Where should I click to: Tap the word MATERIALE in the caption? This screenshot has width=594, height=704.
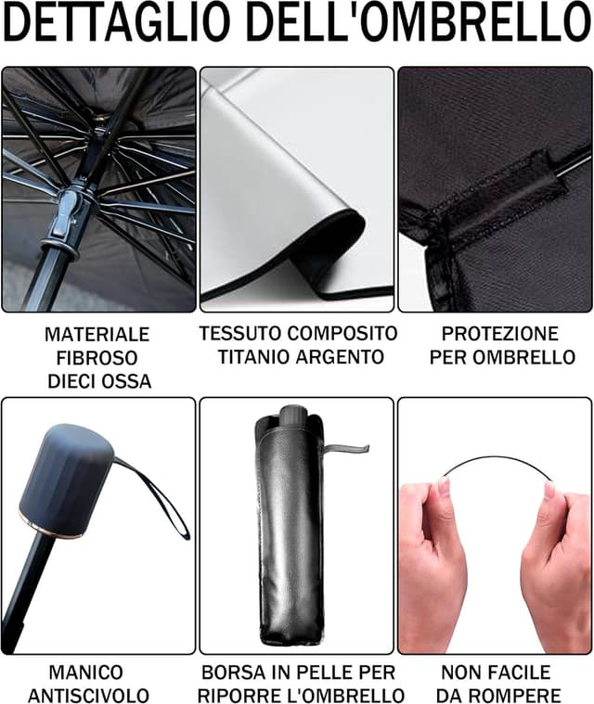(97, 334)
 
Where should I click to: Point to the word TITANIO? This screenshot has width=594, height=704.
(254, 357)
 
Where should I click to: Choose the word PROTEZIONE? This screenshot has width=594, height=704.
(499, 334)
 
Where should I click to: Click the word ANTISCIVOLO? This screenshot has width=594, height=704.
(88, 696)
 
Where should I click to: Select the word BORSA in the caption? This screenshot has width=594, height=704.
(232, 672)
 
